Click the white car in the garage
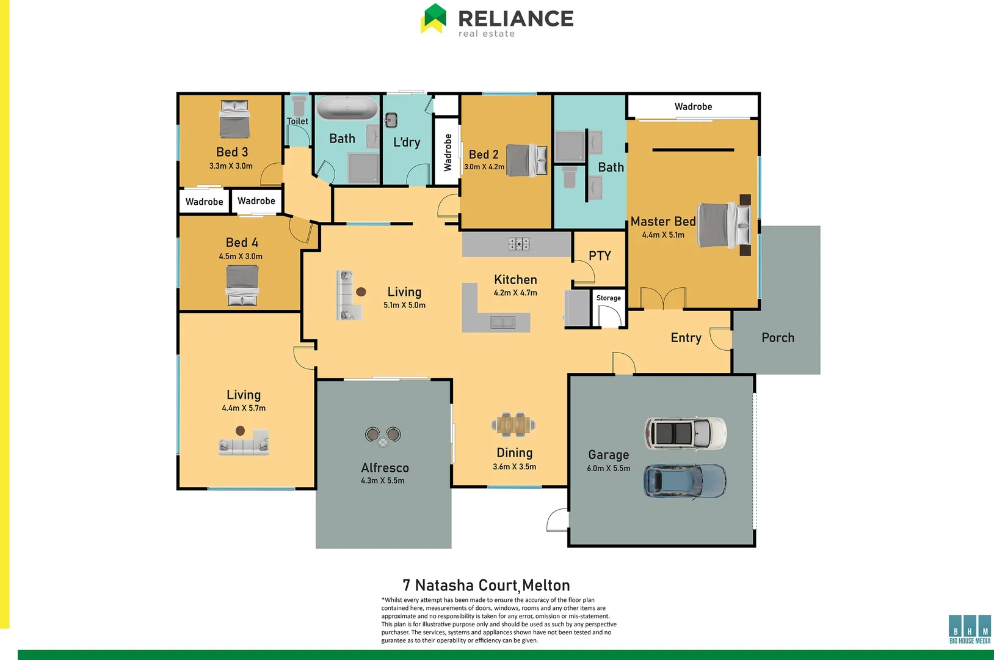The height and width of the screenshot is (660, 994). (686, 433)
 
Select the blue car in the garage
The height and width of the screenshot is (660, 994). (685, 481)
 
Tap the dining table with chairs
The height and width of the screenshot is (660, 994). (513, 424)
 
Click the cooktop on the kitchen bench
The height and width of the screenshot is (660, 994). (519, 244)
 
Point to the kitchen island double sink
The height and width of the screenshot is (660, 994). (503, 321)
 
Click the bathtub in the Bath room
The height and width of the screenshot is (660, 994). (347, 108)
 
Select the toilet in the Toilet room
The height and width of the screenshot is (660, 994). (299, 106)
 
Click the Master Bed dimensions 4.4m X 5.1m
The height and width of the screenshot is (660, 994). (663, 235)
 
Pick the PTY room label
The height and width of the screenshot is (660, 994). (600, 256)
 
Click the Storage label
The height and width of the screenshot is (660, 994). (608, 298)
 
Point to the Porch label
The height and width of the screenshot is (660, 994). (778, 338)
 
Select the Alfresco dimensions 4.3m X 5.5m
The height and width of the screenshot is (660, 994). (383, 481)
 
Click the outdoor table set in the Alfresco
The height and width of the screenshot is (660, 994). (383, 436)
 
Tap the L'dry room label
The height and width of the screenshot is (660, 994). (407, 142)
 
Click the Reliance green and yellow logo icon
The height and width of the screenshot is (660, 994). (434, 18)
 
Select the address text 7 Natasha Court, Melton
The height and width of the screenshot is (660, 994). (486, 585)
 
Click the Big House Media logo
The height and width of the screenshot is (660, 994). (970, 629)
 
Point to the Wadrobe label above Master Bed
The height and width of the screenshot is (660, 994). (693, 106)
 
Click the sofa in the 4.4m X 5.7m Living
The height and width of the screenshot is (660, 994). (244, 444)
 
